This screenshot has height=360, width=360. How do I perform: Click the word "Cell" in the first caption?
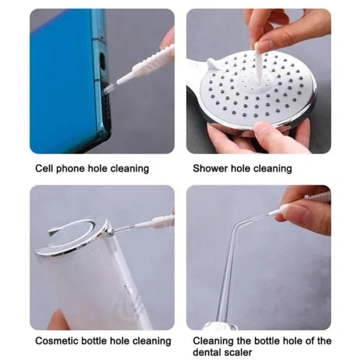tap(46, 169)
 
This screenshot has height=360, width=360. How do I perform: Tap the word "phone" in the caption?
tap(74, 169)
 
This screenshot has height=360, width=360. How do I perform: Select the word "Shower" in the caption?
tap(211, 169)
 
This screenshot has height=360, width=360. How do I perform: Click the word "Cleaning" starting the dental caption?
tap(214, 341)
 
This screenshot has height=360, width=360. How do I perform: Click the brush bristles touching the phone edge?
tap(110, 89)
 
